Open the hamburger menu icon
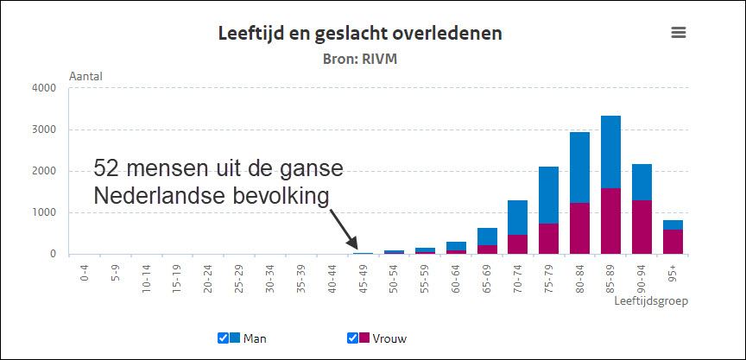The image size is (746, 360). [679, 32]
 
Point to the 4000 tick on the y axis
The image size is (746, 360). [43, 88]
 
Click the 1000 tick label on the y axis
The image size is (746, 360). [43, 212]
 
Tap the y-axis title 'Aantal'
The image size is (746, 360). [85, 76]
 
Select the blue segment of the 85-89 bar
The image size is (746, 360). [610, 151]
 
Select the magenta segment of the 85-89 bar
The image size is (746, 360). [610, 220]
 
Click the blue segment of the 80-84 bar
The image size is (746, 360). [580, 167]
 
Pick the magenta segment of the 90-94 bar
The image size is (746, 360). [642, 226]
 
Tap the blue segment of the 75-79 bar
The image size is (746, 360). [549, 195]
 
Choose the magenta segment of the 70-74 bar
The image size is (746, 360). [518, 243]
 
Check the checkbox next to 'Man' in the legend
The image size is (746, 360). [223, 338]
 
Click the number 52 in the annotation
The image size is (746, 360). [106, 167]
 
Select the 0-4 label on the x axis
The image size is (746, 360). [84, 274]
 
